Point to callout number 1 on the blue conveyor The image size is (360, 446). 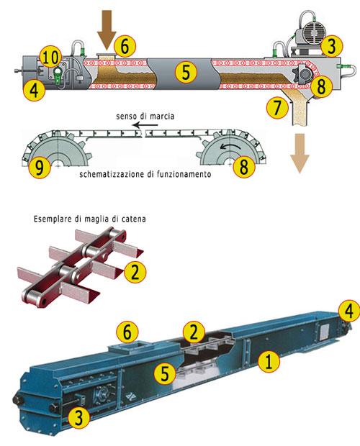(269, 360)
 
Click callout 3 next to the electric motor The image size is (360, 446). (330, 47)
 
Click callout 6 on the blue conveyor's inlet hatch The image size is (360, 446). (127, 332)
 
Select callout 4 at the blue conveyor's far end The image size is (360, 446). (348, 311)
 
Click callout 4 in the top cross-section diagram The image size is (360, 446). (32, 90)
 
